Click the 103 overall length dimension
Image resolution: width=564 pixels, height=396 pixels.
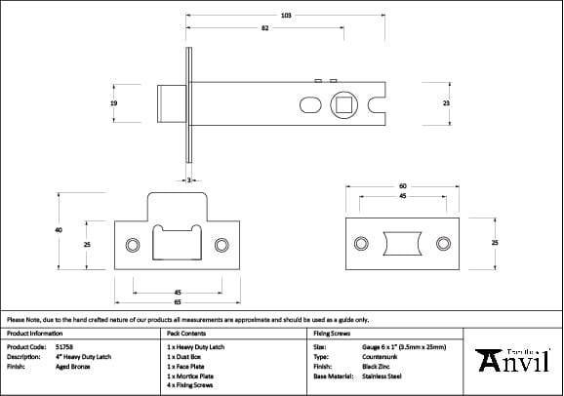point(286,16)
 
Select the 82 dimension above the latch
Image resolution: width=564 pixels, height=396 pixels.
point(265,28)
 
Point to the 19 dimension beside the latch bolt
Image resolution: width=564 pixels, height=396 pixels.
point(114,101)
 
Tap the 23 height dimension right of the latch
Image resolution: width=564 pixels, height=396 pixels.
point(446,101)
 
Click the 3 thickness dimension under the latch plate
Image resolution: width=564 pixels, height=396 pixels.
point(188,178)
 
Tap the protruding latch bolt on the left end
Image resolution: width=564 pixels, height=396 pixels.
point(171,101)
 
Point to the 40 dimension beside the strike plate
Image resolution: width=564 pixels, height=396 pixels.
point(59,230)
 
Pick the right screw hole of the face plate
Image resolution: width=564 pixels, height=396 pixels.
point(443,242)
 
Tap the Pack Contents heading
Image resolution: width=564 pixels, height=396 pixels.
point(186,333)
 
